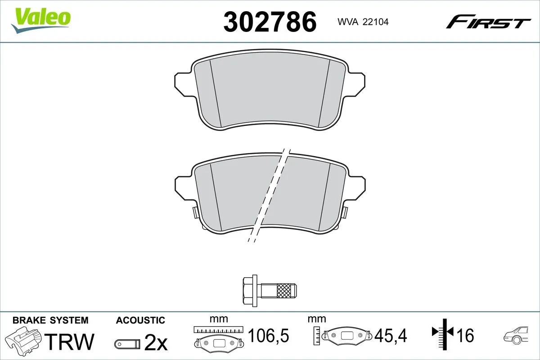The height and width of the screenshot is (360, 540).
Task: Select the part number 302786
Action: (x=270, y=22)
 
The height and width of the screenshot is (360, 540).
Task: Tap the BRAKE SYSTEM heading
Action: (x=50, y=320)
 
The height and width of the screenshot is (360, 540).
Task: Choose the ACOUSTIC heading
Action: (x=140, y=320)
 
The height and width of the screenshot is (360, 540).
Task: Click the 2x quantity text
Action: (x=155, y=343)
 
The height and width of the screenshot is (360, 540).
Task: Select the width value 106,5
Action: (x=268, y=335)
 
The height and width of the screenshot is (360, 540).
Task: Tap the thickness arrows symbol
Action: (x=444, y=333)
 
